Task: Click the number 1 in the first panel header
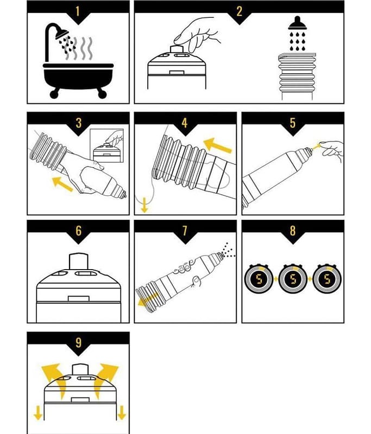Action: click(78, 11)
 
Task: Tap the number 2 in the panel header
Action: click(240, 11)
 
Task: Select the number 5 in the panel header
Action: click(293, 123)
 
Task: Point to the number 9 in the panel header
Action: click(79, 343)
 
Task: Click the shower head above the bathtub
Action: click(61, 34)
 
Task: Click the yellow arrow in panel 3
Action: click(62, 184)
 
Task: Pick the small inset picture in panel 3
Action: click(106, 145)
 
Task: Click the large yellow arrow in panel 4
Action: click(217, 145)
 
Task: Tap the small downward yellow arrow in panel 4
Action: click(144, 205)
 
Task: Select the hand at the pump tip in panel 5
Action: click(332, 150)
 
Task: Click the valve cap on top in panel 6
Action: click(78, 261)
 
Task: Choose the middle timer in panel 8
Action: click(293, 279)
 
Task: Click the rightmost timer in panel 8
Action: click(327, 279)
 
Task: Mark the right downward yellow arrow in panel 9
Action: click(122, 413)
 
